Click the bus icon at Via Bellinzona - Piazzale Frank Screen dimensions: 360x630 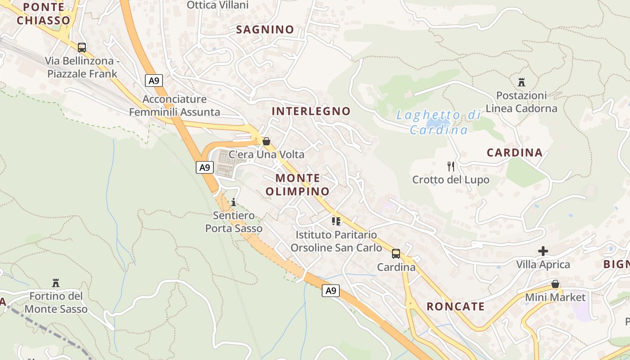pyautogui.click(x=82, y=47)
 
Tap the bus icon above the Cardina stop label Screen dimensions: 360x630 pyautogui.click(x=396, y=254)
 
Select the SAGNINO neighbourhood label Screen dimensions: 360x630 pyautogui.click(x=265, y=30)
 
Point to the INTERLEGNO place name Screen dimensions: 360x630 pyautogui.click(x=311, y=111)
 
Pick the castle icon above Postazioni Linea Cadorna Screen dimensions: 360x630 pyautogui.click(x=522, y=82)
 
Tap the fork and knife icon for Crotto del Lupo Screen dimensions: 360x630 pyautogui.click(x=451, y=166)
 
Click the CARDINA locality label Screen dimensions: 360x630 pyautogui.click(x=514, y=153)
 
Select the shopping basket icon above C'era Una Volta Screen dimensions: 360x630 pyautogui.click(x=266, y=141)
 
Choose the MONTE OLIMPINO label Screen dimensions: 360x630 pyautogui.click(x=297, y=184)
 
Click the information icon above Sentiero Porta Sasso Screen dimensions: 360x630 pyautogui.click(x=234, y=202)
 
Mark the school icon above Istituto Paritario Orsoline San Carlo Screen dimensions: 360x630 pyautogui.click(x=336, y=221)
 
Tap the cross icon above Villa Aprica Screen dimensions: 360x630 pyautogui.click(x=543, y=251)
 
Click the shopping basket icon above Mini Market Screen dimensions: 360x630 pyautogui.click(x=555, y=284)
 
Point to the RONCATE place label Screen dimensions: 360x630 pyautogui.click(x=455, y=306)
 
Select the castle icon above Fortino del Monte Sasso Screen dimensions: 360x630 pyautogui.click(x=56, y=283)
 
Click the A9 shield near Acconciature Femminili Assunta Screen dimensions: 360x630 pyautogui.click(x=154, y=81)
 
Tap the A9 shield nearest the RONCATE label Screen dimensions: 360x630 pyautogui.click(x=331, y=291)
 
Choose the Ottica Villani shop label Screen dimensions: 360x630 pyautogui.click(x=217, y=5)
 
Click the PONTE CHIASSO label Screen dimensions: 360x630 pyautogui.click(x=44, y=13)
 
